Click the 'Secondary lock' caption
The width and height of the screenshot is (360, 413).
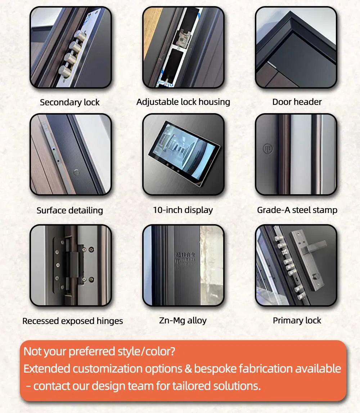point(70,102)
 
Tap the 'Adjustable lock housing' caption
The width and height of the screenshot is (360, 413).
point(183,102)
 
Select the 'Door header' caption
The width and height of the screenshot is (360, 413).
point(297,102)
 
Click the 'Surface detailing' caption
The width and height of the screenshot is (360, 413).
point(70,210)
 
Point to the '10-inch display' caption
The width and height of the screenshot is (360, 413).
point(183,210)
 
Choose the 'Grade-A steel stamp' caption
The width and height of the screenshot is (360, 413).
point(297,210)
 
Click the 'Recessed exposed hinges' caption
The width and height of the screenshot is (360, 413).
point(72,321)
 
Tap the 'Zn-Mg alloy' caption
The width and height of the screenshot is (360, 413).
point(183,320)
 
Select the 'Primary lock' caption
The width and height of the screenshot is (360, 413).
point(297,320)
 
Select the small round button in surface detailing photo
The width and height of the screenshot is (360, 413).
point(76,172)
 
